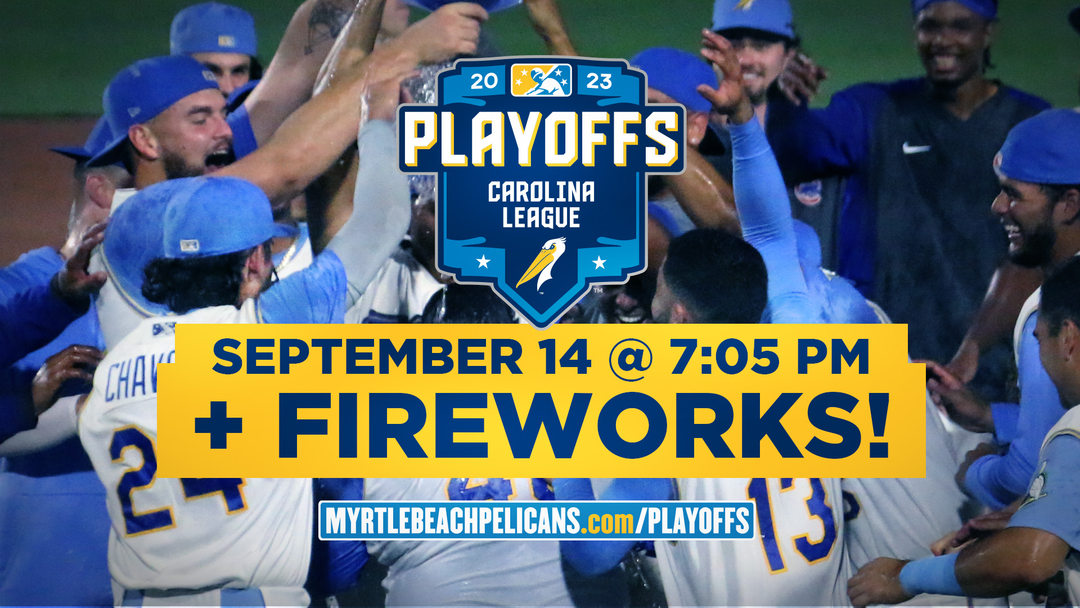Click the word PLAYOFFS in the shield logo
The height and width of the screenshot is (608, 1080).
tap(542, 138)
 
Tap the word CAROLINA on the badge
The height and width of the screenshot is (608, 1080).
tap(541, 192)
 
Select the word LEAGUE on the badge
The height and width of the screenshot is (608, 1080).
tap(541, 218)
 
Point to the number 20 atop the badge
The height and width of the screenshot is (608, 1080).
tap(484, 82)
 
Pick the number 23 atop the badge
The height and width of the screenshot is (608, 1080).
tap(599, 82)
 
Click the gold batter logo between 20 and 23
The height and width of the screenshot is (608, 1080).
tap(541, 80)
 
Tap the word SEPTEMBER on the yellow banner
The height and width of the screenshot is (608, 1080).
tap(367, 357)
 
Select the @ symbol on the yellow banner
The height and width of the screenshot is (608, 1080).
tap(631, 359)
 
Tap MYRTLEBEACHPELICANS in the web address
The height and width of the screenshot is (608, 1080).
tap(453, 521)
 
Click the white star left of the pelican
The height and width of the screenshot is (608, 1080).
tap(483, 261)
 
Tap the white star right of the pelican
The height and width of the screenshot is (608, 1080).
tap(600, 262)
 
